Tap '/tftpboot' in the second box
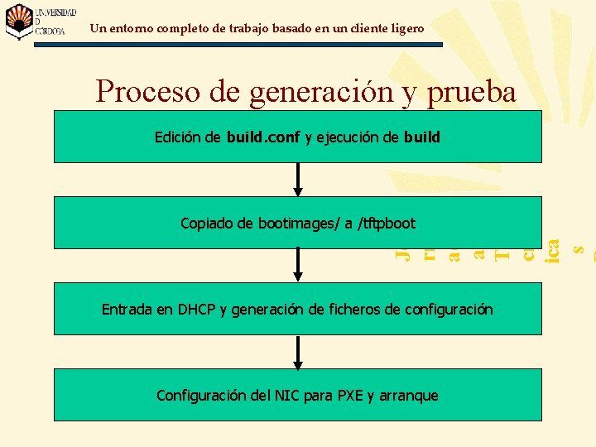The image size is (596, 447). point(386,223)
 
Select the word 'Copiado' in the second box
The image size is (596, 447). point(207,223)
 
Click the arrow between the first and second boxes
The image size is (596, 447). point(298,180)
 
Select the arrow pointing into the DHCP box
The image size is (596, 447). point(298,266)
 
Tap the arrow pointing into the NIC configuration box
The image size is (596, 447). point(298,352)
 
